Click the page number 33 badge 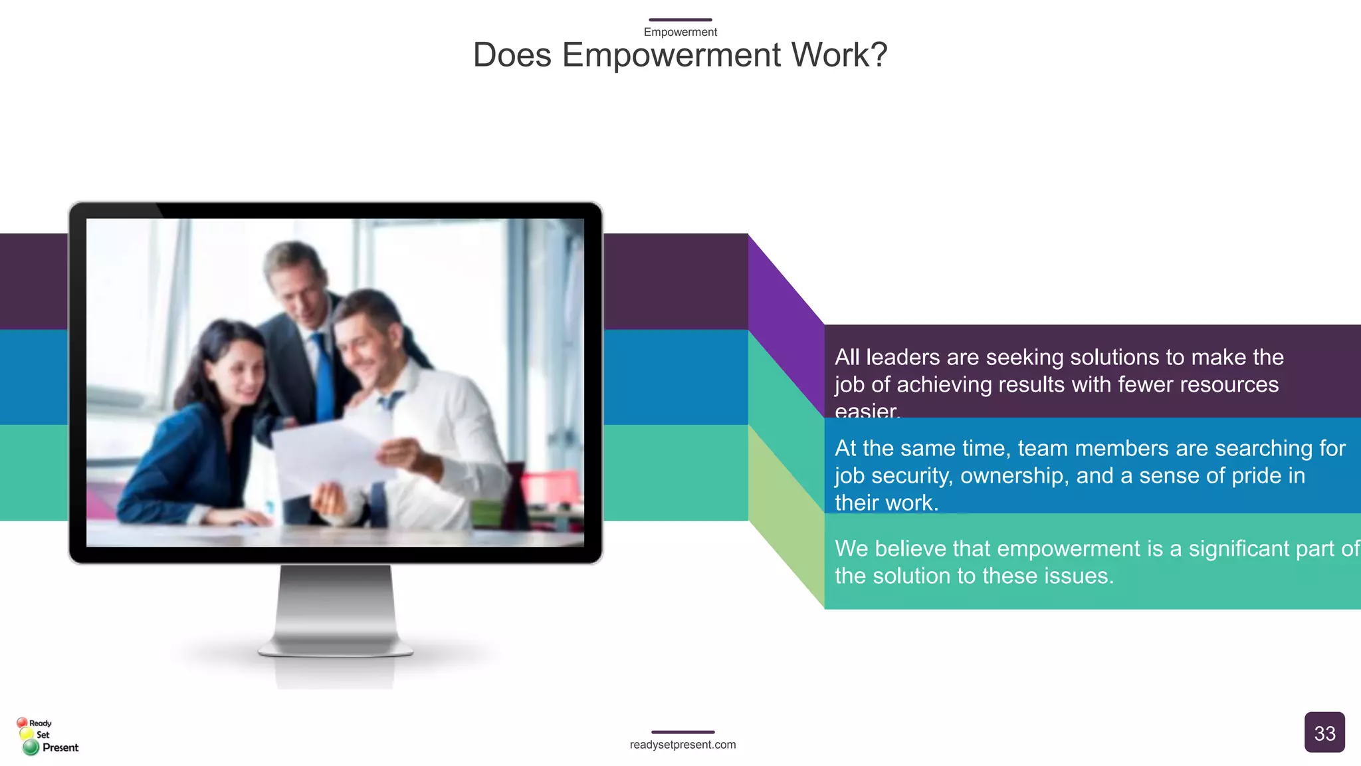[x=1324, y=733]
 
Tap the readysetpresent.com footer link [x=682, y=745]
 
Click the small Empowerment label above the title [x=680, y=32]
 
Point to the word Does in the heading [x=512, y=55]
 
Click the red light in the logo [x=22, y=722]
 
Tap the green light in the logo [x=31, y=748]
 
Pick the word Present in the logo [x=60, y=747]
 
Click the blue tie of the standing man [x=324, y=379]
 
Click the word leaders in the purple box [x=905, y=358]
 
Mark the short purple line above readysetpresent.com [x=682, y=732]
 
